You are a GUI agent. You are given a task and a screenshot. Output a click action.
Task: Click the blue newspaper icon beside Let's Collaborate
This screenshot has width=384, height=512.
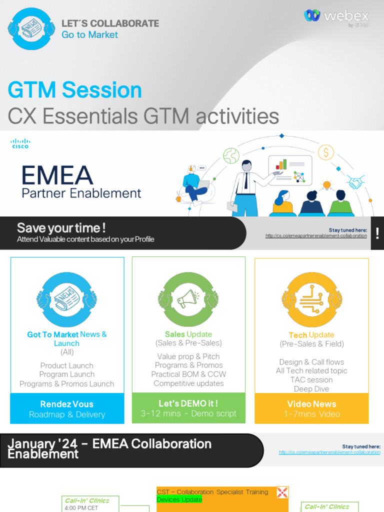coord(31,28)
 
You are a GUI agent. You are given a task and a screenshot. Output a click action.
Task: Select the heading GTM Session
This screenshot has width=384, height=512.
coord(75,90)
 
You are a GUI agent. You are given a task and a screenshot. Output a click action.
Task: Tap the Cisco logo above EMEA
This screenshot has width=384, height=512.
coord(20,143)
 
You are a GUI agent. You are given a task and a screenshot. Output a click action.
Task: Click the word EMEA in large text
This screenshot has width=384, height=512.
coord(57,175)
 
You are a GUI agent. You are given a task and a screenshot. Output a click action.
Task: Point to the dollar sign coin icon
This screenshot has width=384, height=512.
coord(325,152)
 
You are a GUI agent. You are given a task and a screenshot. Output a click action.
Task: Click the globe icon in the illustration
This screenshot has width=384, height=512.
coord(231,155)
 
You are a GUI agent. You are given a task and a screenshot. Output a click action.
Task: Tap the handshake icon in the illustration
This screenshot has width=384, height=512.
coord(356,182)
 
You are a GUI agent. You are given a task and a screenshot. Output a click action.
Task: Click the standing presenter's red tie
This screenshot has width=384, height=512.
coord(246,180)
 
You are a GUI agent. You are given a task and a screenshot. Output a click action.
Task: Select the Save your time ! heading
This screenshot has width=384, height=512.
coord(61,228)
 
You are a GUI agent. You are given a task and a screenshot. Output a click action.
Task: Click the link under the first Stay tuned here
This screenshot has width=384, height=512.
coord(316,236)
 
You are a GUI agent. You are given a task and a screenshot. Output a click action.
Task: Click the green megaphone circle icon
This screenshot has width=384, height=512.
coord(188,299)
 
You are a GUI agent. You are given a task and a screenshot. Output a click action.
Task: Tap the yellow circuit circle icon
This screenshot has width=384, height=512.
coord(312,299)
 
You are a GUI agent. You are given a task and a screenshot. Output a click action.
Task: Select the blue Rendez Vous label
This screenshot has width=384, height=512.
coord(67,404)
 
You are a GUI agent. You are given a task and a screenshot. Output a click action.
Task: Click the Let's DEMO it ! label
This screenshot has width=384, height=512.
coord(188,403)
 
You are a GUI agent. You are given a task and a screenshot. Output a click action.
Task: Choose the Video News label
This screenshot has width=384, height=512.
coord(311,404)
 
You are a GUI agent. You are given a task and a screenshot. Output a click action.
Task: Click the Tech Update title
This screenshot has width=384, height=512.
coord(311,335)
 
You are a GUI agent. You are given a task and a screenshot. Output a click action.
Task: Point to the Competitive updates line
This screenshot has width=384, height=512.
coord(188,383)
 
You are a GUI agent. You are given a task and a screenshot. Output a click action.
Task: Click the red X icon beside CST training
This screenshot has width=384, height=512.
coord(282,492)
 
